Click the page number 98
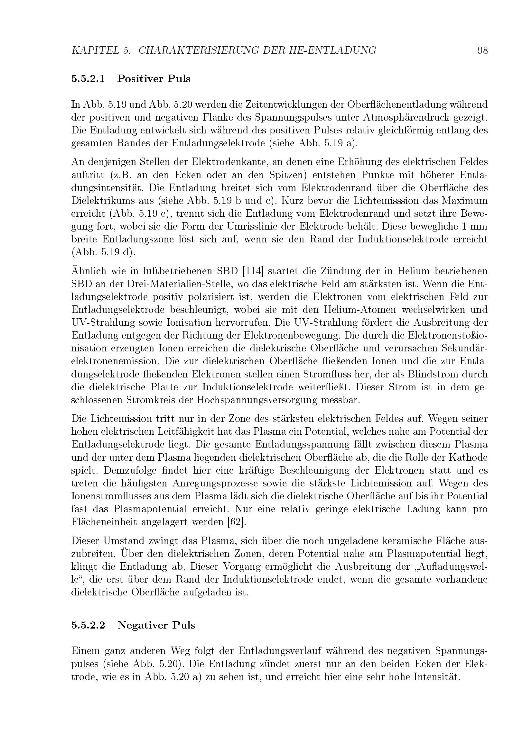coord(482,50)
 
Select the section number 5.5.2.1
coord(88,79)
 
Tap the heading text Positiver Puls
coord(154,79)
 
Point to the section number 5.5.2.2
coord(88,625)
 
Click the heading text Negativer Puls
coord(156,625)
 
